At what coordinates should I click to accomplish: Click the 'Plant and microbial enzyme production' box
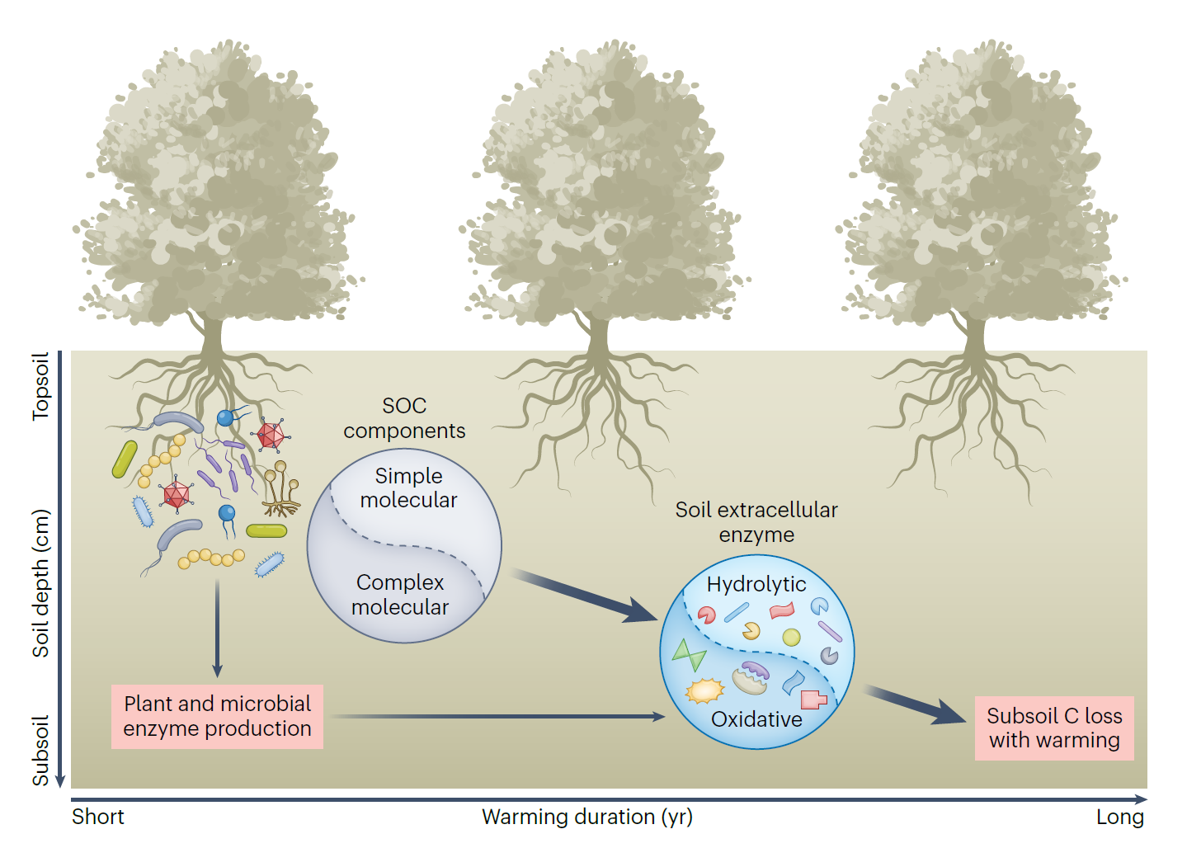click(x=217, y=716)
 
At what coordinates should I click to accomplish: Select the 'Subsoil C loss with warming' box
click(x=1053, y=728)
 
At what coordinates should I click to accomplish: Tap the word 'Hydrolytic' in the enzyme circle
click(x=756, y=584)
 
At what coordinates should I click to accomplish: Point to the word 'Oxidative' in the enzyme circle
click(x=756, y=719)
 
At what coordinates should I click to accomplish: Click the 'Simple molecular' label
click(x=408, y=488)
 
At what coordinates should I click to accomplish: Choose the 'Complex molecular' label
click(x=400, y=595)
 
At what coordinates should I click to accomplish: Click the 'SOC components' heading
click(x=404, y=418)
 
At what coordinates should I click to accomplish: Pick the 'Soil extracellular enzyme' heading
click(x=756, y=522)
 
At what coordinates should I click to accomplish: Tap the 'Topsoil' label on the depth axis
click(x=40, y=386)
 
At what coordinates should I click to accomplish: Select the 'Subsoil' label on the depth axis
click(x=40, y=750)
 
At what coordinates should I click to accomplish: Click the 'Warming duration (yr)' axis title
click(x=587, y=817)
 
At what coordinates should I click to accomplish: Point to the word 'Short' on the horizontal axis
click(x=97, y=817)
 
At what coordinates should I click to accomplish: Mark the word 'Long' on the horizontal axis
click(x=1119, y=817)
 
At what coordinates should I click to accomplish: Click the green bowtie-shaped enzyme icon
click(x=689, y=655)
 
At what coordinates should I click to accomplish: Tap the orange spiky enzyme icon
click(x=704, y=690)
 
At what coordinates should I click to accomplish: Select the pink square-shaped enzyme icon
click(x=813, y=700)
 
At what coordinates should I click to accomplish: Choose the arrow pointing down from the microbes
click(x=217, y=628)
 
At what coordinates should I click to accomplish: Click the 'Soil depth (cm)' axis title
click(x=40, y=582)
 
